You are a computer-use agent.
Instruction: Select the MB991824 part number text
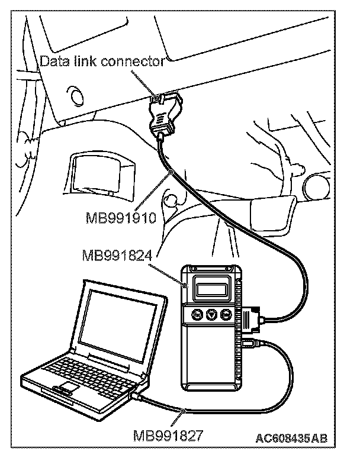[x=118, y=256]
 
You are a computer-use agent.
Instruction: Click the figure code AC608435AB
[x=291, y=438]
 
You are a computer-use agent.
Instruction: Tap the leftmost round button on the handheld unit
[x=197, y=315]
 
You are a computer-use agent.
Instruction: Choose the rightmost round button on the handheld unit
[x=225, y=315]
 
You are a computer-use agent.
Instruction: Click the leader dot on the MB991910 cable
[x=171, y=172]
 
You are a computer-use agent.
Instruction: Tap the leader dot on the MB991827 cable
[x=185, y=409]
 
